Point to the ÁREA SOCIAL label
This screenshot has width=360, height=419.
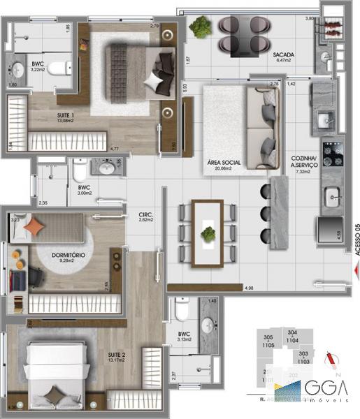click(224, 163)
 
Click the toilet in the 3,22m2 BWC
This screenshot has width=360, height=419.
click(62, 68)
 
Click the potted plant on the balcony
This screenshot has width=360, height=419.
click(201, 27)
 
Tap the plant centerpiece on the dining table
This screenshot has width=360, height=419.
click(208, 234)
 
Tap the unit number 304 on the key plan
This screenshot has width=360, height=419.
click(292, 332)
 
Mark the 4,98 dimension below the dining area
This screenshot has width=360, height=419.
click(247, 288)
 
